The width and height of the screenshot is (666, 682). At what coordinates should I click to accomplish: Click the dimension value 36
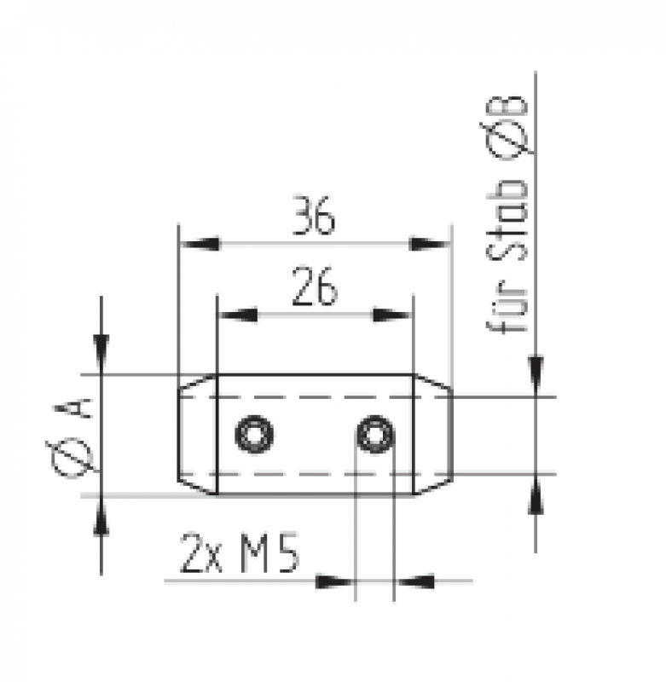[x=314, y=216]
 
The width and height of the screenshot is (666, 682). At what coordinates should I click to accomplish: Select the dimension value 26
[x=314, y=286]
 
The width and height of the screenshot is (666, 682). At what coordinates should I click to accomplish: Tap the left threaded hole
[x=254, y=435]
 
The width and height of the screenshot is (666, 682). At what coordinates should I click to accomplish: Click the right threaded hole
[x=375, y=435]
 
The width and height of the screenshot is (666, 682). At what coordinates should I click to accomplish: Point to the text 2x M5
[x=240, y=552]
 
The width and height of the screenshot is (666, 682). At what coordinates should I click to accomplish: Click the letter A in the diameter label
[x=73, y=408]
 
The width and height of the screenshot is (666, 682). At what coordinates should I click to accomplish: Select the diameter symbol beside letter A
[x=72, y=458]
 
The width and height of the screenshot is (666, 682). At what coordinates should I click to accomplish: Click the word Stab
[x=507, y=221]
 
